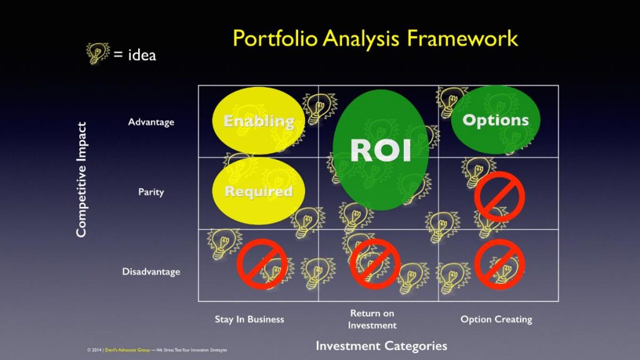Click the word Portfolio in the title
[x=275, y=38]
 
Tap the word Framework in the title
[x=462, y=38]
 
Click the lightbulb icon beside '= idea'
[x=97, y=53]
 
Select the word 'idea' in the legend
[x=142, y=55]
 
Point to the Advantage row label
[x=151, y=122]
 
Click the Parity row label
[x=151, y=192]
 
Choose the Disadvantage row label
[x=151, y=271]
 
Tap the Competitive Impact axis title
[x=82, y=179]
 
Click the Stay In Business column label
[x=249, y=319]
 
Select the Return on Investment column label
[x=372, y=319]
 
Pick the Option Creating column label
[x=496, y=319]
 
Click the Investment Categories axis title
[x=382, y=346]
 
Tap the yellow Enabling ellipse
[x=258, y=121]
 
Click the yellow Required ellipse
[x=258, y=191]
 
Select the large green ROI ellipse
[x=381, y=150]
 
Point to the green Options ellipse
[x=496, y=119]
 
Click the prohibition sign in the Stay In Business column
[x=262, y=264]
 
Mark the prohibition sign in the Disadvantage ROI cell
[x=375, y=264]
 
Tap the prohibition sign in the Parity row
[x=499, y=197]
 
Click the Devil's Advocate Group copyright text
[x=157, y=350]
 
